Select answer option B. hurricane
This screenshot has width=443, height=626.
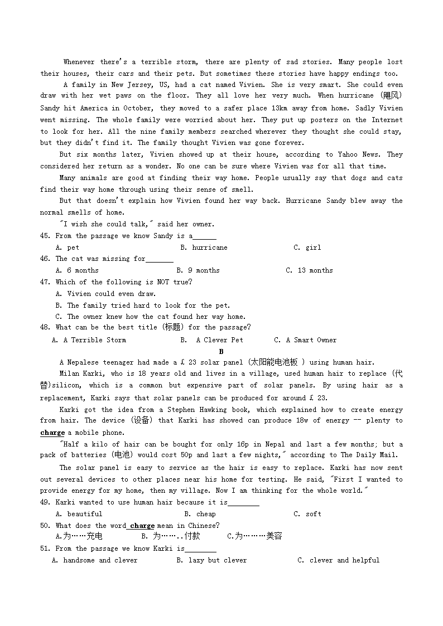204,248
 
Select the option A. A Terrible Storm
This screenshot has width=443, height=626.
89,340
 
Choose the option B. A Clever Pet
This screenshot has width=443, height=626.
212,340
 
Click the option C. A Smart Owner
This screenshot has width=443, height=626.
306,340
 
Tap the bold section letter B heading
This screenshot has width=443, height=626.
221,352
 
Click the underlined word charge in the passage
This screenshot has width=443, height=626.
52,433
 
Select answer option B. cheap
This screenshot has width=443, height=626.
200,514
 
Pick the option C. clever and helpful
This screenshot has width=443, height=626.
338,560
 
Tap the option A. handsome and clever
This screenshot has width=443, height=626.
95,560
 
